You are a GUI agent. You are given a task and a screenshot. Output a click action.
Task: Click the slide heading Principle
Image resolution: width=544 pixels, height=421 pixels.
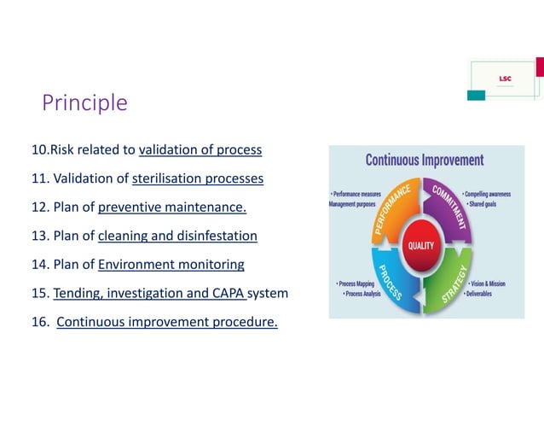pos(85,103)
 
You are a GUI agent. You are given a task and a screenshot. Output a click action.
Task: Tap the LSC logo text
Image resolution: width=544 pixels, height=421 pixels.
pos(505,79)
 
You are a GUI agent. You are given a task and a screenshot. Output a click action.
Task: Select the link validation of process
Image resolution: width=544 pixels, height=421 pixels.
pos(200,150)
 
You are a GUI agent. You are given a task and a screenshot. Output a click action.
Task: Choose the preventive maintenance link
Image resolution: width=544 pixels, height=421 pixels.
pos(172,208)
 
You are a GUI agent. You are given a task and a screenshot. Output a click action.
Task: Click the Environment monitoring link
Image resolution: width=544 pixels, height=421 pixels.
pos(171,265)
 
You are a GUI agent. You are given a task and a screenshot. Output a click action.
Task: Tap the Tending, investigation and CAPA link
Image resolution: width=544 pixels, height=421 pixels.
pos(149,293)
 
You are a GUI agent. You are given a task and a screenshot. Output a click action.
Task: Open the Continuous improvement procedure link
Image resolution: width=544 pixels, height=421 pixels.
pos(167,322)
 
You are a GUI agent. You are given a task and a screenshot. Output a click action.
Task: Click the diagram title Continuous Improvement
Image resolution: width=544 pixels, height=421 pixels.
pos(425,160)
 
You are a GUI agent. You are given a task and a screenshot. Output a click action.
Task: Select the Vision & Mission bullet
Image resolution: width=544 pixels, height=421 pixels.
pos(490,284)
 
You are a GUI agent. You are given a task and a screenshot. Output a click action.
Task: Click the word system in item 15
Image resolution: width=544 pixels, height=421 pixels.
pos(269,293)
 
